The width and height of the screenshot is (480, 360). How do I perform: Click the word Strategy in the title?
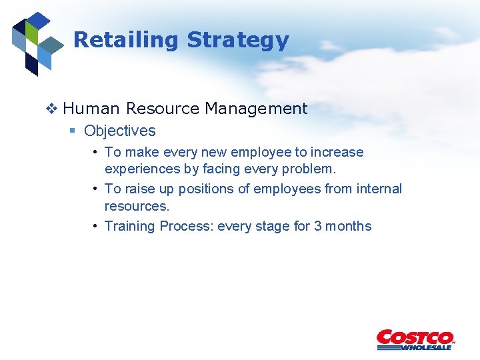(237, 40)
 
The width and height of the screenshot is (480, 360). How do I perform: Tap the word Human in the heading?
(92, 109)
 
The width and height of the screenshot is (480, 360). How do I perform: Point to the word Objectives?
(120, 131)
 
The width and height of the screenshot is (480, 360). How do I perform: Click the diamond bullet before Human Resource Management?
(53, 109)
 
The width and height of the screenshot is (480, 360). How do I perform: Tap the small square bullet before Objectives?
(73, 131)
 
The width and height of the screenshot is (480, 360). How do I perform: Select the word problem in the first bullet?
(307, 169)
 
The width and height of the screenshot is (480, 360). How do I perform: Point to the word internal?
(379, 189)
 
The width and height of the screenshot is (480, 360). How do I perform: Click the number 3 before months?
(318, 226)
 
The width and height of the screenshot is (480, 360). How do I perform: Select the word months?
(349, 226)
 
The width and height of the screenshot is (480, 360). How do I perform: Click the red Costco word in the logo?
(415, 337)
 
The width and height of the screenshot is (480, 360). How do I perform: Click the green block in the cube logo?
(30, 31)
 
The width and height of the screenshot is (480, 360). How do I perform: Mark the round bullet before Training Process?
(97, 226)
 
